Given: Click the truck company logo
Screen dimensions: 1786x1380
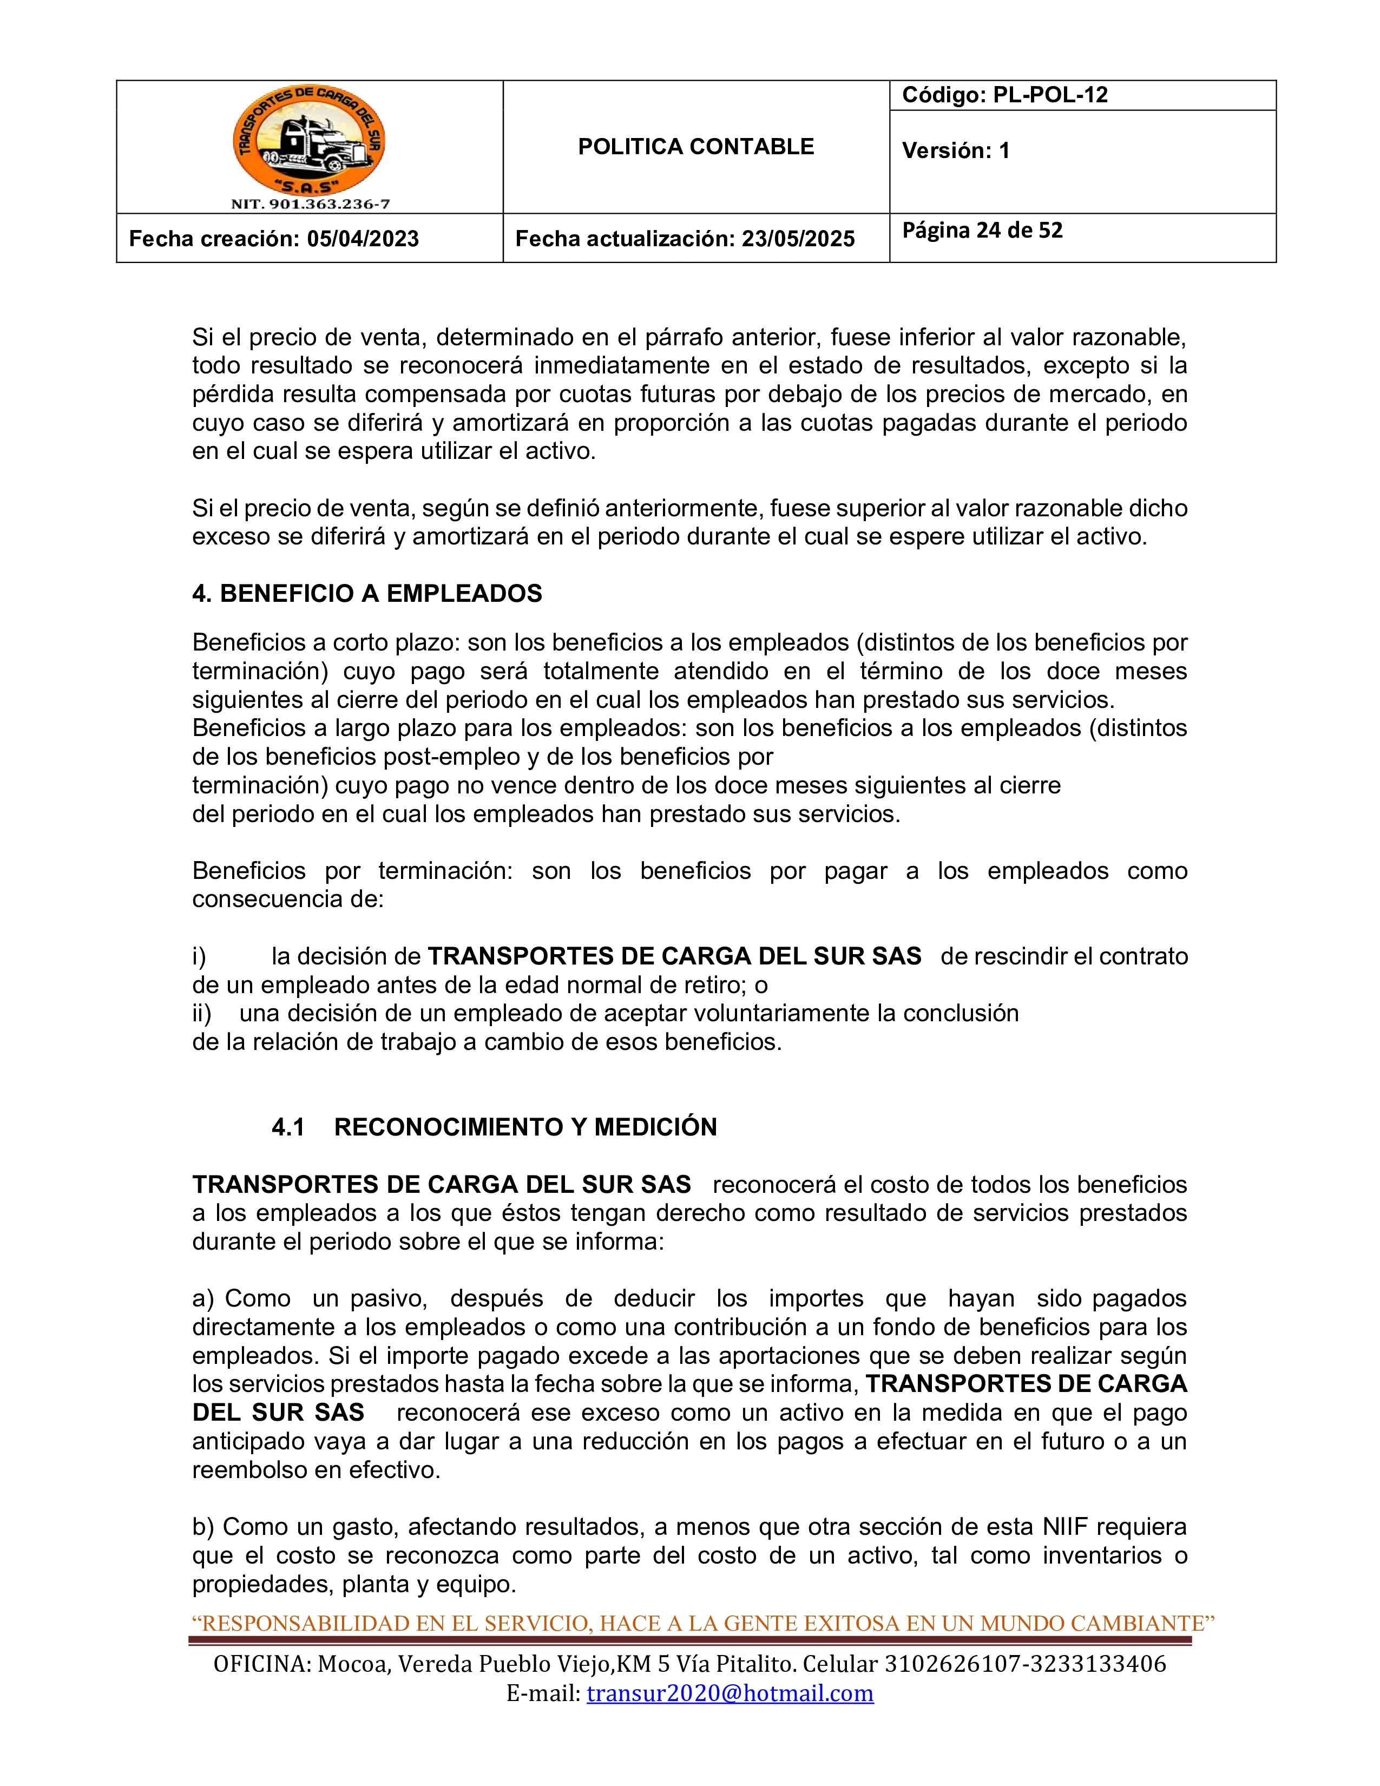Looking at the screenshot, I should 309,141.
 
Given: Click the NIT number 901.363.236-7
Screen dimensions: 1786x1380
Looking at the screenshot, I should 310,205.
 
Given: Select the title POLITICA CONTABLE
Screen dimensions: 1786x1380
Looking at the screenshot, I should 696,147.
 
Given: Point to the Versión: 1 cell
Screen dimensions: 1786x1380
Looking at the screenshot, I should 956,150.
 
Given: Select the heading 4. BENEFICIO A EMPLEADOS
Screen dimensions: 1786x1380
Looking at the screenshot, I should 367,594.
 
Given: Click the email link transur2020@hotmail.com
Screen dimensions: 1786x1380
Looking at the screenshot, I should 730,1693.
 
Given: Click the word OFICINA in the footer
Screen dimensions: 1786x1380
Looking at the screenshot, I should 261,1664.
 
